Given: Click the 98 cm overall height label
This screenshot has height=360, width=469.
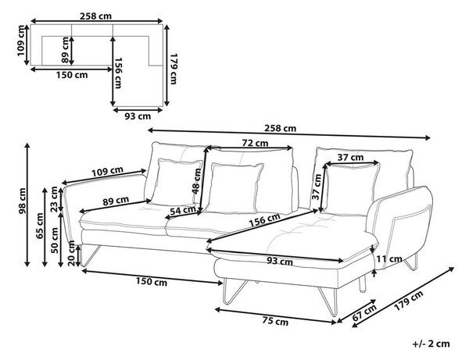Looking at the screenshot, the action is (x=23, y=201).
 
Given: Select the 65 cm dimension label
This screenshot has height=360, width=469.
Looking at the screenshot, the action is (x=40, y=226).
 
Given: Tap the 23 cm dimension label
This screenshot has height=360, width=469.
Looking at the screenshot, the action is (x=54, y=194).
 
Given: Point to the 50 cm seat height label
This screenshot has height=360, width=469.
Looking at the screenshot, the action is (x=55, y=240).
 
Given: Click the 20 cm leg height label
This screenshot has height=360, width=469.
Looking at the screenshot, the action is (x=71, y=253).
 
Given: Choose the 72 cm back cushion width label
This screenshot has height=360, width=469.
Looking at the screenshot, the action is (x=255, y=143).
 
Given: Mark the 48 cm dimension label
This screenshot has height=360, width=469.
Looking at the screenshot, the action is (x=196, y=181).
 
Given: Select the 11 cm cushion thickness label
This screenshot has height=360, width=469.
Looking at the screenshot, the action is (x=389, y=258).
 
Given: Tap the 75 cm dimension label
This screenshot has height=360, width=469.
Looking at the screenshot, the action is (x=275, y=321).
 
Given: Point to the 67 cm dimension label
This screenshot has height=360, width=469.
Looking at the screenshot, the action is (x=364, y=312).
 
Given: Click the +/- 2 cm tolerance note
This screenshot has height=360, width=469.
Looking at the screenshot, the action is (x=431, y=344).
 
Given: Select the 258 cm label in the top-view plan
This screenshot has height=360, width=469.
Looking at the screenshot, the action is (x=95, y=16).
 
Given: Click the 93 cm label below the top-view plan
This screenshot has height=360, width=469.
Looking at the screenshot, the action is (x=138, y=116).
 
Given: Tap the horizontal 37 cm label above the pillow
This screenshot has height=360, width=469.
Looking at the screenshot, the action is (x=350, y=157).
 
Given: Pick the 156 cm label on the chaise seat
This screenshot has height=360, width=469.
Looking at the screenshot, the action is (x=265, y=220).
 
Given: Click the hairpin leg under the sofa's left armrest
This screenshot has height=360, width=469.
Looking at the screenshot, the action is (x=90, y=255).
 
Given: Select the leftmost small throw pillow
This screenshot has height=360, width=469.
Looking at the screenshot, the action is (x=177, y=182).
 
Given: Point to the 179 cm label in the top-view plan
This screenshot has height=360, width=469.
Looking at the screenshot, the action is (x=174, y=69).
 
